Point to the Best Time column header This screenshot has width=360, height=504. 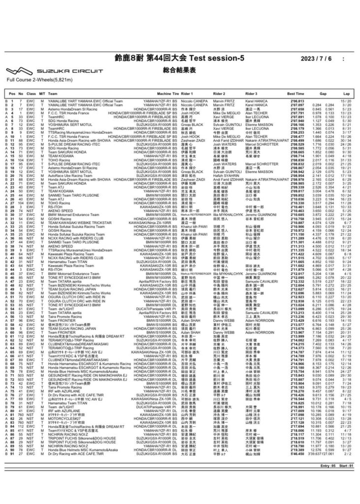(x=295, y=93)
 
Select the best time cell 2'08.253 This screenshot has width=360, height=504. (x=295, y=132)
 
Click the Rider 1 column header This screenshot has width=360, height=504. (x=188, y=93)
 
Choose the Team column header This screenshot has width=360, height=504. (x=53, y=93)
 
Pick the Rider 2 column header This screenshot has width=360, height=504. (x=220, y=93)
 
